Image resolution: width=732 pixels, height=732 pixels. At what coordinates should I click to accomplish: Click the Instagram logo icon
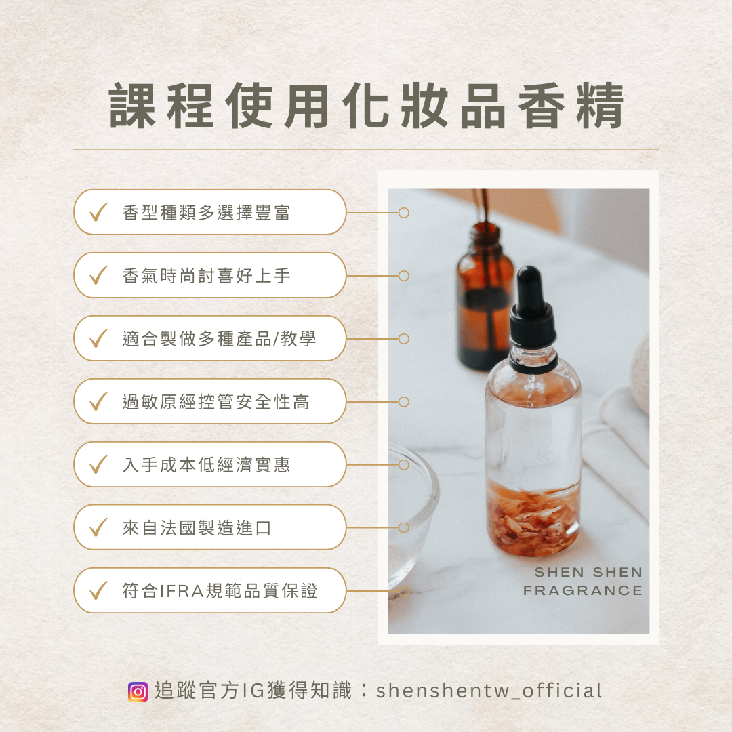(x=138, y=691)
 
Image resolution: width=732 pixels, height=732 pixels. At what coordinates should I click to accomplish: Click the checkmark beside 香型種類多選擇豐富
(x=98, y=212)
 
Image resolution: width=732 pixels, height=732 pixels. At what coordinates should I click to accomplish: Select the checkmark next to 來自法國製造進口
(x=98, y=527)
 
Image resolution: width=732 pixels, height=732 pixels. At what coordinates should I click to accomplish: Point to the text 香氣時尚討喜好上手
(x=206, y=276)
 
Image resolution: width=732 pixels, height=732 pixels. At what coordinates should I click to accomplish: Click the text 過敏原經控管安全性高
(x=216, y=402)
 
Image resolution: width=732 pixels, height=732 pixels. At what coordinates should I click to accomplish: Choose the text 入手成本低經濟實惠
(x=206, y=465)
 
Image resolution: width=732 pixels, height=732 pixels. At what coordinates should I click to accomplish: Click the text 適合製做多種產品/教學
(x=219, y=339)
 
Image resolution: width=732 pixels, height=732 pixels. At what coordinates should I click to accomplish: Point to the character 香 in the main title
(x=542, y=106)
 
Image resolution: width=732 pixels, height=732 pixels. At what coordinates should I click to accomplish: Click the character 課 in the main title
(x=133, y=106)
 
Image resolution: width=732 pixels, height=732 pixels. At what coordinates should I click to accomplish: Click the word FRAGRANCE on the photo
(x=583, y=590)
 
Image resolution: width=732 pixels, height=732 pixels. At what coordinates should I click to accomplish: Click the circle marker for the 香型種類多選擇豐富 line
(x=404, y=213)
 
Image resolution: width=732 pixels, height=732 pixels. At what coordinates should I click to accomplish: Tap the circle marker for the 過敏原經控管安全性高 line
(x=404, y=402)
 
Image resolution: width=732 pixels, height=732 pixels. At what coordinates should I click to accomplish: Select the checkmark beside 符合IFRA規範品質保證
(x=98, y=590)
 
